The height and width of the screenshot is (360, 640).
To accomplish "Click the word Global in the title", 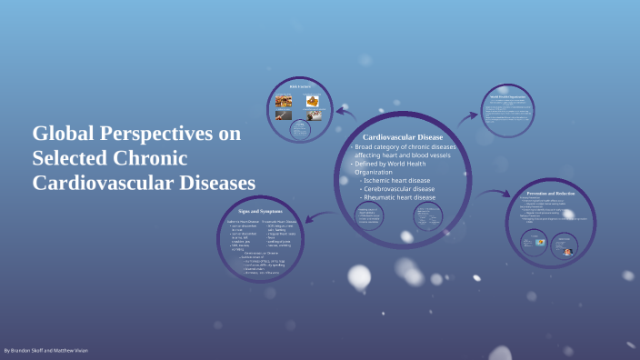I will coord(62,134).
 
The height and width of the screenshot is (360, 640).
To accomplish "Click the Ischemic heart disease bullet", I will coord(398,180).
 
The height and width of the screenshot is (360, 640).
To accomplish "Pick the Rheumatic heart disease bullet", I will coord(401,197).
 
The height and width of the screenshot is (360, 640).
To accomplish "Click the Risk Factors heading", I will coord(301,86).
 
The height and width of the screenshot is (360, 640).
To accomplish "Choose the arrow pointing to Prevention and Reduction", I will coord(495,193).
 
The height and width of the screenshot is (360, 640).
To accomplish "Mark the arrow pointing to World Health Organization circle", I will coord(467,115).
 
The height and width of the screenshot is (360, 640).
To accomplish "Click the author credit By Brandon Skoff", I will coord(45,350).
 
